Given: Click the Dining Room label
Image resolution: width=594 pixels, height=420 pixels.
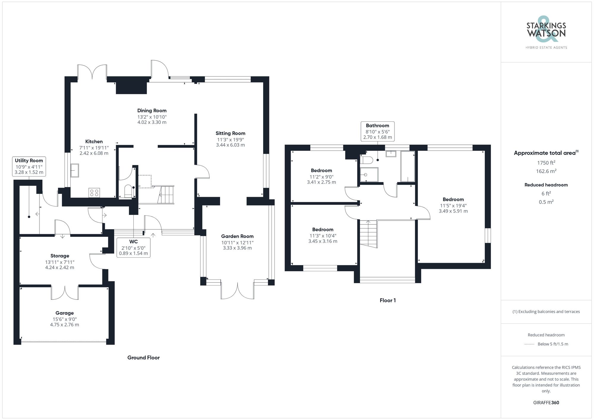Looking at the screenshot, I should pyautogui.click(x=152, y=111).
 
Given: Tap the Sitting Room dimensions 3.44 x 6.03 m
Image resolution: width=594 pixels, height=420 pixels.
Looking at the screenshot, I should pyautogui.click(x=230, y=145).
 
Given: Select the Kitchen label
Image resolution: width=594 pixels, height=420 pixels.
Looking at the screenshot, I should pyautogui.click(x=94, y=142).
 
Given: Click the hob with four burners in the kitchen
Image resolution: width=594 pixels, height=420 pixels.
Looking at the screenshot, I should pyautogui.click(x=94, y=193).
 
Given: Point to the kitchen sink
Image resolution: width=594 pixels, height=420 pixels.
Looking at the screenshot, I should pyautogui.click(x=75, y=170).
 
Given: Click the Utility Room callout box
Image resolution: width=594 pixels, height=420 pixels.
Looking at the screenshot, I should pyautogui.click(x=29, y=166).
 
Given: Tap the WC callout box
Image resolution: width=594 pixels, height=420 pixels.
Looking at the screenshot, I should pyautogui.click(x=133, y=247).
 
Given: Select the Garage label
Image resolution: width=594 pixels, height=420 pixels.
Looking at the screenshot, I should pyautogui.click(x=64, y=313).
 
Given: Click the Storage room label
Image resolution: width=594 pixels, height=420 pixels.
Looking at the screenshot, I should pyautogui.click(x=60, y=256).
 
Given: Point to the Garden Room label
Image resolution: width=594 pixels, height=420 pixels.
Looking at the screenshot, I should pyautogui.click(x=237, y=236).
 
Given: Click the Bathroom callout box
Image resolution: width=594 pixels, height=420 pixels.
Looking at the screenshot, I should pyautogui.click(x=377, y=131).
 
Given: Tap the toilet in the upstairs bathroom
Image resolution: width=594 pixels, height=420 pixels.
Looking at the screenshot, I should pyautogui.click(x=366, y=160).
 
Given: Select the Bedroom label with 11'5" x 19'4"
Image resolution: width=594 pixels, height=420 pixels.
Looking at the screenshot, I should pyautogui.click(x=453, y=199).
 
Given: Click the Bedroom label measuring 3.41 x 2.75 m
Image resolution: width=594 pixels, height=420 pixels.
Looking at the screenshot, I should pyautogui.click(x=321, y=170).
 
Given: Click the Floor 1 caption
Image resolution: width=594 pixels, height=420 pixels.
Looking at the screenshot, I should pyautogui.click(x=388, y=300).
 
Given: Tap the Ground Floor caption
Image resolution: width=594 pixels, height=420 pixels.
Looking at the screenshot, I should pyautogui.click(x=143, y=358).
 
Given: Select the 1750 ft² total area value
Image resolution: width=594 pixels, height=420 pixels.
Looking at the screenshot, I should pyautogui.click(x=546, y=163).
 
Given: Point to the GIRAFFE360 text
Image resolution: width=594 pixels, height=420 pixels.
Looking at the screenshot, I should pyautogui.click(x=546, y=403).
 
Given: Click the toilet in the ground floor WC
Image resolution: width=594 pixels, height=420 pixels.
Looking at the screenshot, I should pyautogui.click(x=128, y=191).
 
